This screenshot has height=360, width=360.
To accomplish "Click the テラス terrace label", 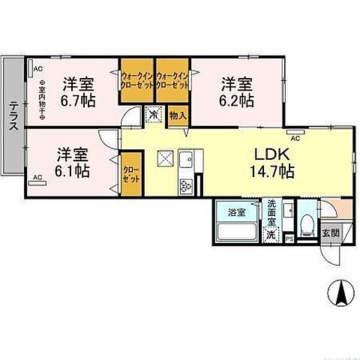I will pos(13,117).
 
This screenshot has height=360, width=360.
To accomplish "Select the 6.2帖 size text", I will pos(236,99).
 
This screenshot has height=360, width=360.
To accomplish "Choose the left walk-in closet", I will pos(137,80).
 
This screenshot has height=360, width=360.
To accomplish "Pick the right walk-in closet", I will pos(171,80).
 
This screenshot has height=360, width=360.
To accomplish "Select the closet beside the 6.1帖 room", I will pos(131,178).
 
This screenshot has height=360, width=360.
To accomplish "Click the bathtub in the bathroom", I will pos(236,229).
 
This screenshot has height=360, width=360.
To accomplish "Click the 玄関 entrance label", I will pos(331,232).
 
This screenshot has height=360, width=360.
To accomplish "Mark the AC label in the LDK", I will pos(295,138).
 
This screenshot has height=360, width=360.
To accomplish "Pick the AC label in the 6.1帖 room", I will pos(36,178).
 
